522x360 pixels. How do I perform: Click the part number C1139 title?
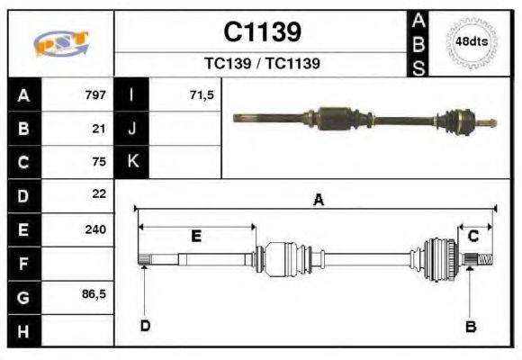pyautogui.click(x=262, y=32)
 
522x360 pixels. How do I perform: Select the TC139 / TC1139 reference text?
pyautogui.click(x=262, y=64)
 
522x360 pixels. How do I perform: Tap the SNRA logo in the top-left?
pyautogui.click(x=60, y=43)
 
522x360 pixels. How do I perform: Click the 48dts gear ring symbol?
pyautogui.click(x=472, y=42)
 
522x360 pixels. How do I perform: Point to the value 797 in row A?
pyautogui.click(x=95, y=94)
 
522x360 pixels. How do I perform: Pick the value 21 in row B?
pyautogui.click(x=100, y=128)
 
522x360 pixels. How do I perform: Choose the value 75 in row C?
pyautogui.click(x=100, y=162)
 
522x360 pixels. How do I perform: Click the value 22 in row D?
pyautogui.click(x=100, y=194)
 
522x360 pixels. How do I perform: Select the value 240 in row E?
pyautogui.click(x=95, y=229)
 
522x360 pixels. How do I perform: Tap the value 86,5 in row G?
pyautogui.click(x=94, y=294)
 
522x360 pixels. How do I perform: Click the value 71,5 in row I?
pyautogui.click(x=202, y=94)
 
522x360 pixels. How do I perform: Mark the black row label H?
pyautogui.click(x=22, y=330)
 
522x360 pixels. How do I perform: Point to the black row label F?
pyautogui.click(x=22, y=263)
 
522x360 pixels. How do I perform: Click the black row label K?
pyautogui.click(x=132, y=162)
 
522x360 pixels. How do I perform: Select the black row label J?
pyautogui.click(x=132, y=128)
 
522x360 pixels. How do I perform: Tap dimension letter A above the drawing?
pyautogui.click(x=318, y=201)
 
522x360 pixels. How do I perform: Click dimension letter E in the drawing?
pyautogui.click(x=195, y=237)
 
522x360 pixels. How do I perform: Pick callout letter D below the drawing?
pyautogui.click(x=145, y=325)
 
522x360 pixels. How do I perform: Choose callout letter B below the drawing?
pyautogui.click(x=470, y=327)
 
